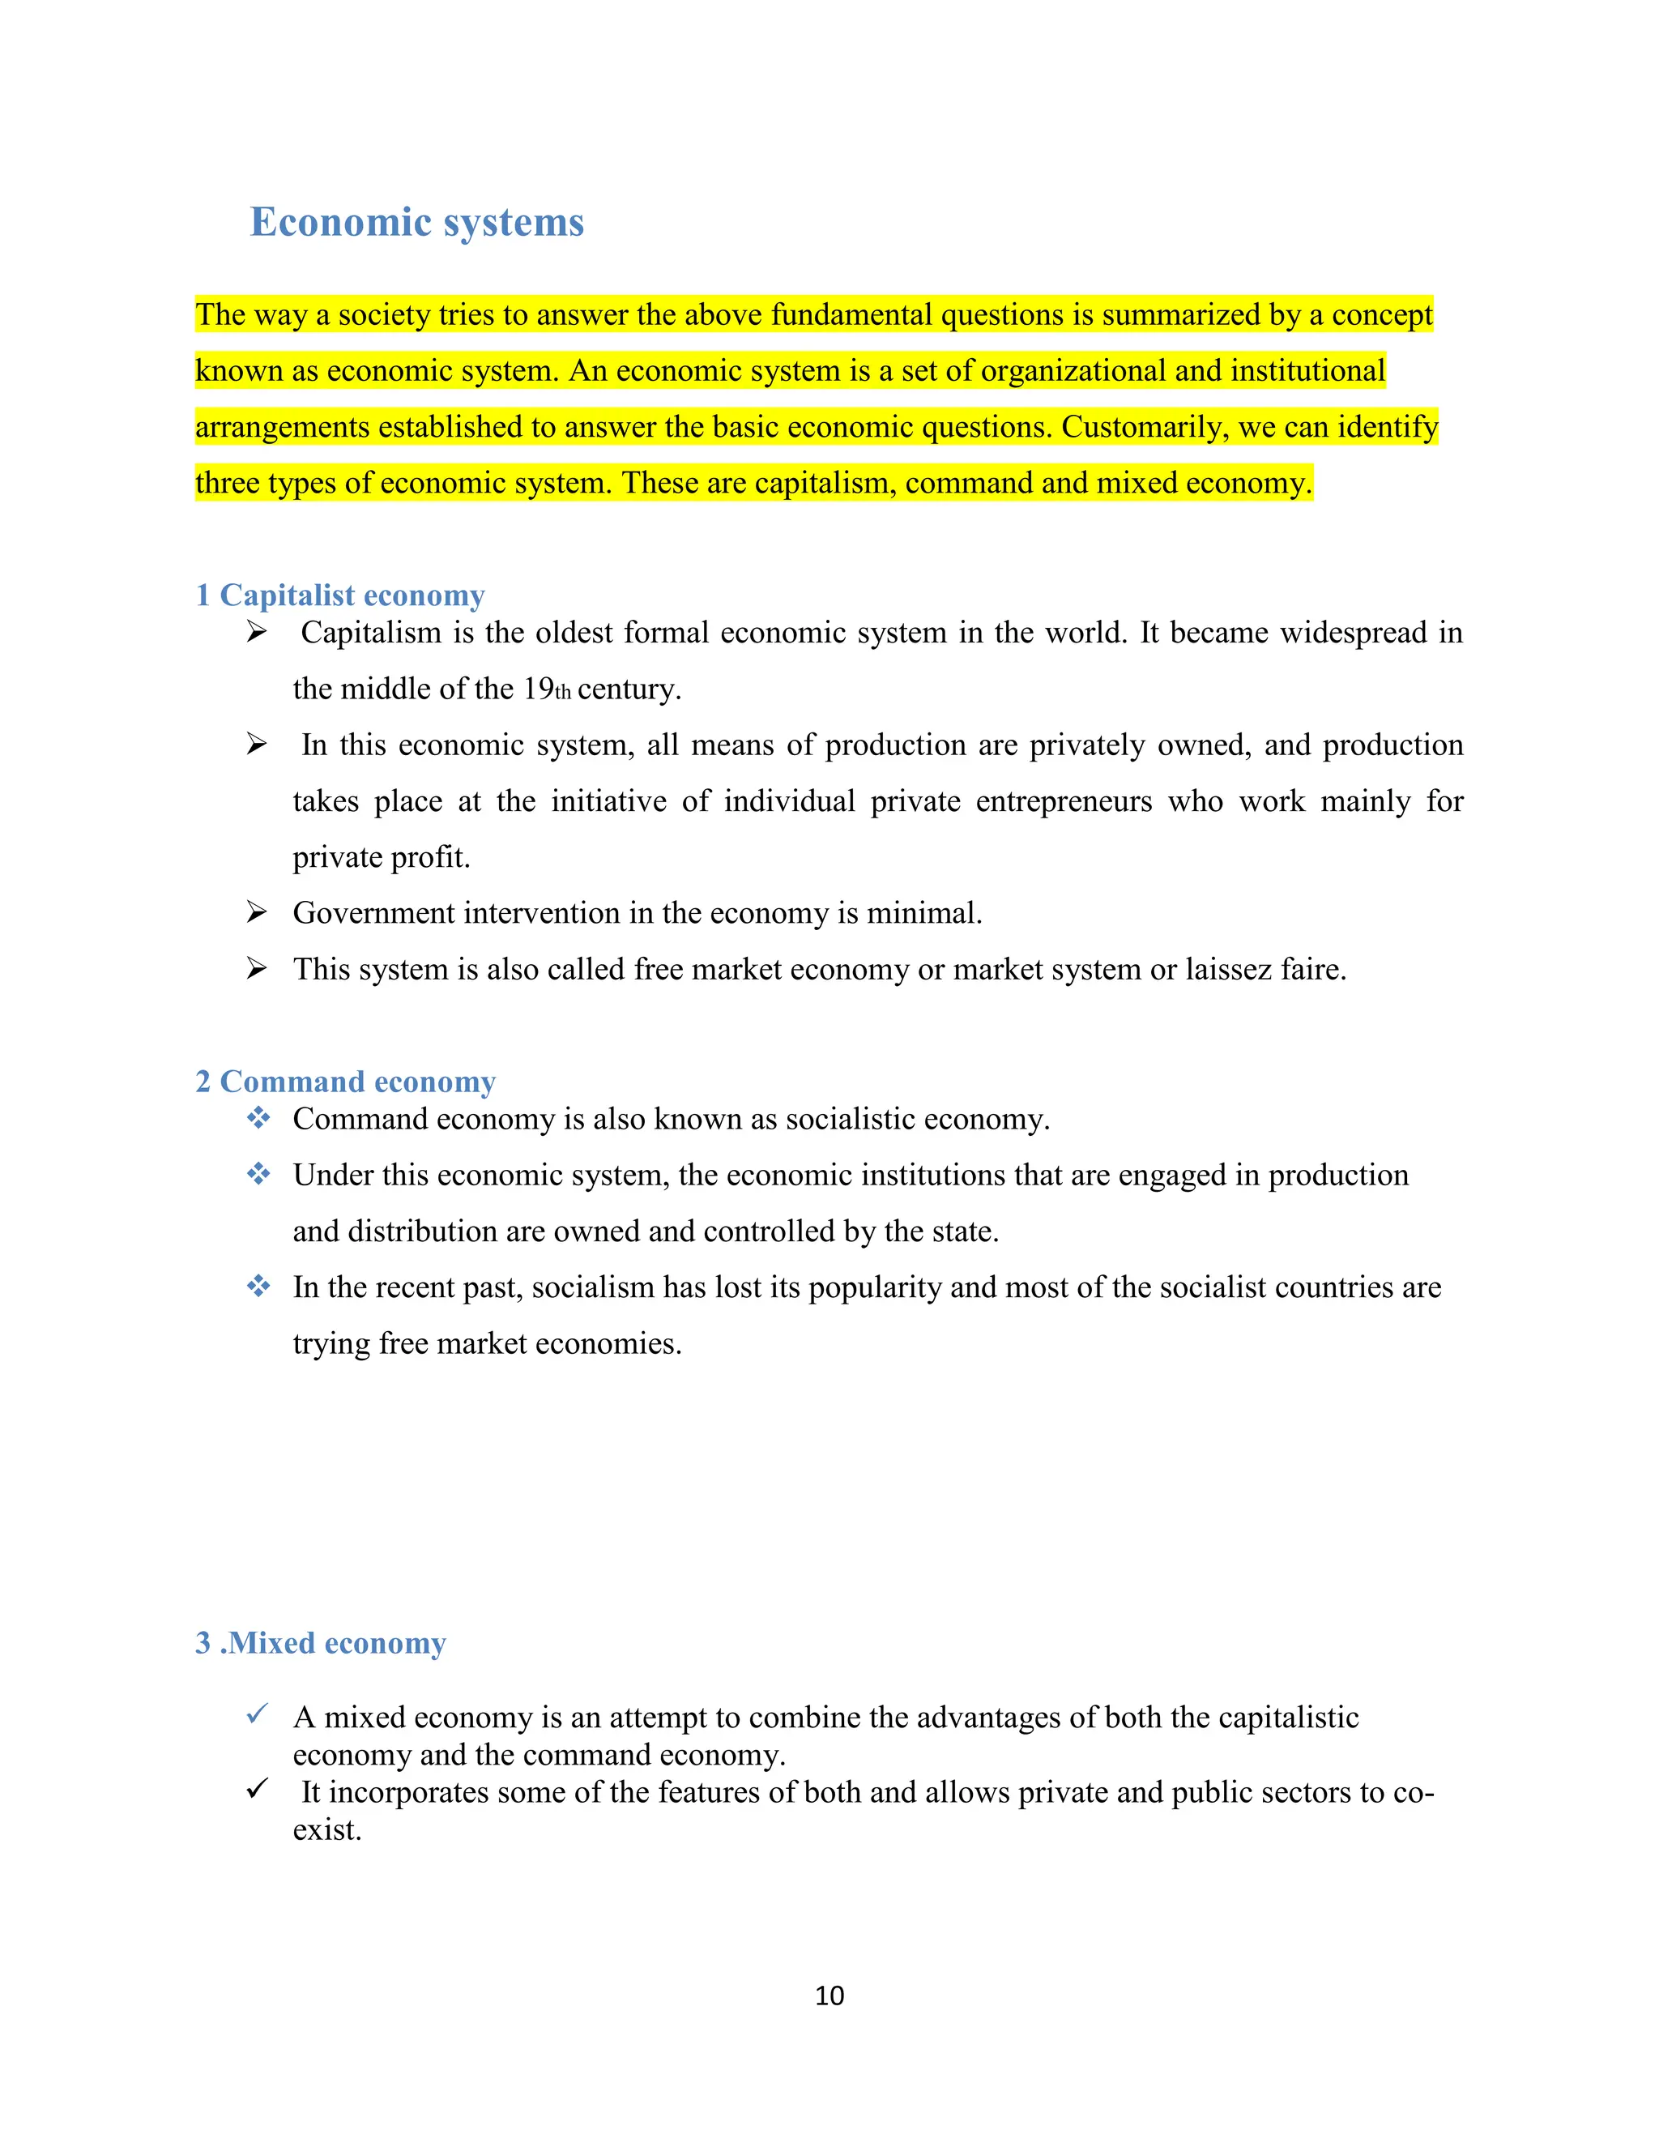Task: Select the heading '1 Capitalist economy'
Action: (340, 595)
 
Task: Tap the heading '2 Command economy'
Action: (345, 1082)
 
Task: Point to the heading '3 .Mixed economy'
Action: (321, 1643)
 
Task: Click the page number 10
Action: (829, 1995)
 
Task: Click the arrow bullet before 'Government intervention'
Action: (257, 913)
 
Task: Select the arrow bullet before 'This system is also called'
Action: (257, 969)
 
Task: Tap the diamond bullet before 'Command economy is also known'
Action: (258, 1118)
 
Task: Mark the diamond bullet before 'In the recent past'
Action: (258, 1286)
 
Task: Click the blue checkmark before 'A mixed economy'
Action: (258, 1714)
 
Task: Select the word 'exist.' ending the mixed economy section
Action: (327, 1829)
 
